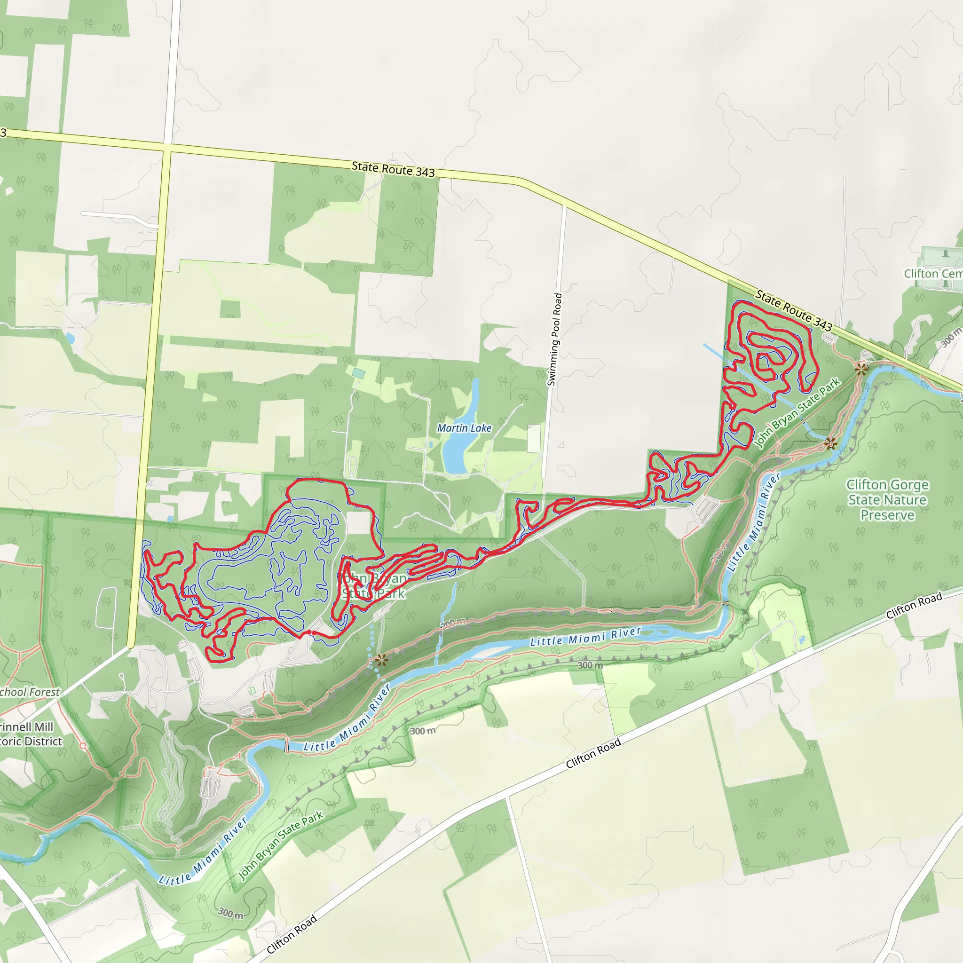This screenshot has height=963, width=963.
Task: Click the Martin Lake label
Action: (464, 428)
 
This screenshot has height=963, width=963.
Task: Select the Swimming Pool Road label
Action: (555, 339)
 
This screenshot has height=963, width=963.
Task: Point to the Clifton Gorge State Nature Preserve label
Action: (887, 499)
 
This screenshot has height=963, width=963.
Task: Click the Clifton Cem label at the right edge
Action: (932, 274)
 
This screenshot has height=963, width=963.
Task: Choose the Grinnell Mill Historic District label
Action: (31, 734)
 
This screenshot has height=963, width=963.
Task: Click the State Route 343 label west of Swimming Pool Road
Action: (393, 169)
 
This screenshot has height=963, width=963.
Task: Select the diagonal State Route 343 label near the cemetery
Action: (794, 310)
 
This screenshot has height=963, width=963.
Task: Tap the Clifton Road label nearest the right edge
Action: (914, 605)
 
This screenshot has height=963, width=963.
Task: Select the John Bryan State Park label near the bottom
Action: (281, 845)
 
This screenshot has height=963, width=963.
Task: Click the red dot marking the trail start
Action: (309, 632)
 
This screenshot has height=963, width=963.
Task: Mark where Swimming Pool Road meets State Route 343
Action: (565, 205)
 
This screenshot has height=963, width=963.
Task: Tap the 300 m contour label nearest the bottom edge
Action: (231, 913)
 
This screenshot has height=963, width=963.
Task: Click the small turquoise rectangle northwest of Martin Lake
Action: (358, 373)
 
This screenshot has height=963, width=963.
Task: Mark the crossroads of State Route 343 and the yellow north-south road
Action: (167, 148)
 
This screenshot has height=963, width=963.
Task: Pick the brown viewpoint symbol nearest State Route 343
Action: (861, 369)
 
